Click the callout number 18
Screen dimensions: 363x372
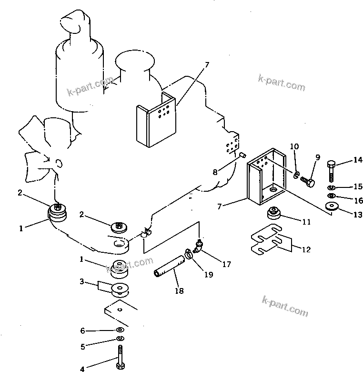[x=179, y=290]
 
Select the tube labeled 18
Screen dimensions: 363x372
[x=169, y=266]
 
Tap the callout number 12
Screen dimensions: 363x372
[x=306, y=249]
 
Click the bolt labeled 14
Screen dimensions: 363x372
[x=331, y=171]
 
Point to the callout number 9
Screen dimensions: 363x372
[x=318, y=157]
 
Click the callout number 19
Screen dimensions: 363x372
[x=209, y=275]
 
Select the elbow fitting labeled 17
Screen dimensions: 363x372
[x=198, y=246]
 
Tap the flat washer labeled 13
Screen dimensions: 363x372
[x=332, y=206]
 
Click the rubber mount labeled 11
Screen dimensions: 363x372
[x=274, y=213]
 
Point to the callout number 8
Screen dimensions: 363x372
[x=215, y=172]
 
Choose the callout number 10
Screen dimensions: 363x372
[x=294, y=146]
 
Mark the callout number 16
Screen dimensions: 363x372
[x=358, y=201]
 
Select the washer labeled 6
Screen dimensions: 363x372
[x=121, y=330]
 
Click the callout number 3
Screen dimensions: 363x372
[x=82, y=281]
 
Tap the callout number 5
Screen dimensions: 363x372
[x=82, y=347]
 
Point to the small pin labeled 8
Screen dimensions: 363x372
[x=243, y=155]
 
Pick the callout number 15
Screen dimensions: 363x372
[x=358, y=186]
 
